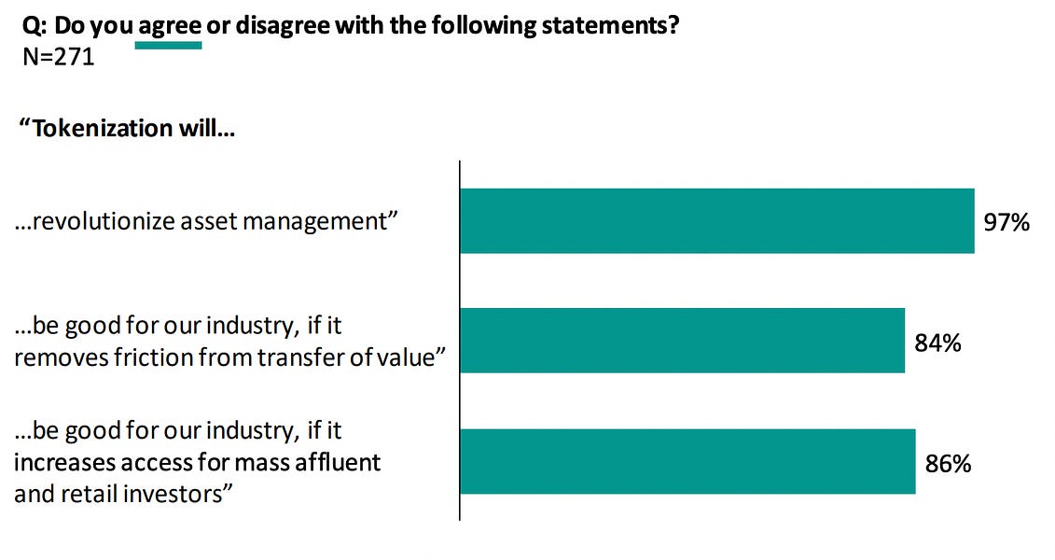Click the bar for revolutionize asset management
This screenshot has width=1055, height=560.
pyautogui.click(x=716, y=221)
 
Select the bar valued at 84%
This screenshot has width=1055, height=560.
pyautogui.click(x=682, y=341)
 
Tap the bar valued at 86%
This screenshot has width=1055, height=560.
pyautogui.click(x=687, y=461)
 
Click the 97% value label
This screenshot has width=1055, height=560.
pyautogui.click(x=1006, y=222)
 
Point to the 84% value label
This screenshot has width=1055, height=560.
pyautogui.click(x=937, y=343)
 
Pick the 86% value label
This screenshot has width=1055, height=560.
pyautogui.click(x=948, y=462)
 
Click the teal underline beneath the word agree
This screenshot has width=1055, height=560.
pyautogui.click(x=168, y=45)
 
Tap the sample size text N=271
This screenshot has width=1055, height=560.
pyautogui.click(x=57, y=57)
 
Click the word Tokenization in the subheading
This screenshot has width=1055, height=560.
pyautogui.click(x=95, y=127)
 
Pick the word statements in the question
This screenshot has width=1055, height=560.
pyautogui.click(x=617, y=25)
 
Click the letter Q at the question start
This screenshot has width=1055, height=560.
pyautogui.click(x=29, y=26)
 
